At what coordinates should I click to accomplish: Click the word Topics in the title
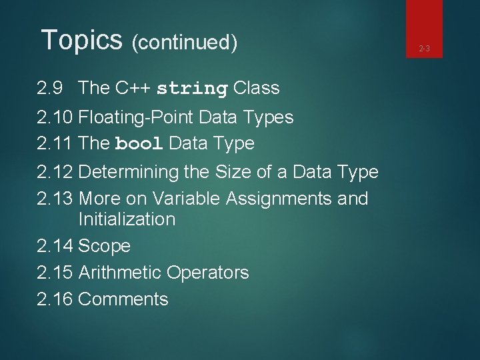(81, 40)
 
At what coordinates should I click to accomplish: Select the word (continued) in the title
(185, 43)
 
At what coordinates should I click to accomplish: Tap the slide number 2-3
(425, 48)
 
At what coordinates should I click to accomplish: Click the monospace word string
(192, 89)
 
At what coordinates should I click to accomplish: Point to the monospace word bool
(139, 144)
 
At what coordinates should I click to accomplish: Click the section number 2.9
(51, 88)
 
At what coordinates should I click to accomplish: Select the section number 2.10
(55, 117)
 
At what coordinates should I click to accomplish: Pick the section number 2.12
(55, 172)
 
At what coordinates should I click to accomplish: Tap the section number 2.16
(55, 299)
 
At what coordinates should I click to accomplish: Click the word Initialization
(127, 219)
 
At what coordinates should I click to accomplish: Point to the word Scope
(104, 246)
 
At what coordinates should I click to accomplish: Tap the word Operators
(207, 273)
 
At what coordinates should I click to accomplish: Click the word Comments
(123, 299)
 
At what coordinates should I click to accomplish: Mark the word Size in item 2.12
(231, 172)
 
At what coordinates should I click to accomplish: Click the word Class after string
(256, 88)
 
